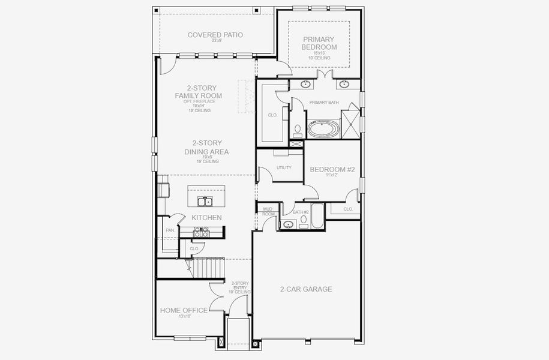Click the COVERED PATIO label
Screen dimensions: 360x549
click(x=215, y=35)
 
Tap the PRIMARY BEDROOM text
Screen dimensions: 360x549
click(x=319, y=43)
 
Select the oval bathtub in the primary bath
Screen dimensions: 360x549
click(x=323, y=129)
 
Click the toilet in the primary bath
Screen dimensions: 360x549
click(x=298, y=130)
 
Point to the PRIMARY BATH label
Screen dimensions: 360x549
click(x=324, y=103)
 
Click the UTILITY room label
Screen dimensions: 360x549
click(x=284, y=167)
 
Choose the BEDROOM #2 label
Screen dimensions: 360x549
click(x=332, y=170)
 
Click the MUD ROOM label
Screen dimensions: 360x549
click(x=268, y=211)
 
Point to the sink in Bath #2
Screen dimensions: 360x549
click(x=289, y=224)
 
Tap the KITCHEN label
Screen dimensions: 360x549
click(x=206, y=217)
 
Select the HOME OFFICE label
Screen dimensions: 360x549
click(x=184, y=310)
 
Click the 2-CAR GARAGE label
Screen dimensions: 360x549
click(x=306, y=289)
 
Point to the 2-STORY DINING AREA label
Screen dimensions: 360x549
click(x=206, y=148)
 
